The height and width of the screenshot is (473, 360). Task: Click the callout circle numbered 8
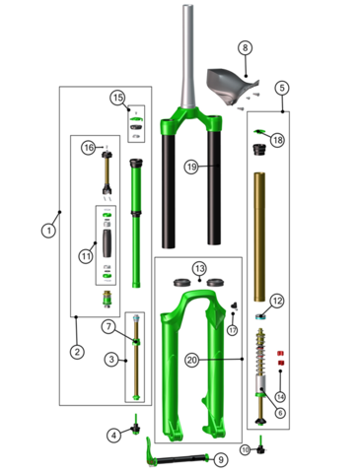(246, 47)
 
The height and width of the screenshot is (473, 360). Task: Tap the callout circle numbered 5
(282, 88)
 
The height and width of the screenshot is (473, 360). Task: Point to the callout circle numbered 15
(117, 98)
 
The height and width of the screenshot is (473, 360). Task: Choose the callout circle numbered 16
(88, 148)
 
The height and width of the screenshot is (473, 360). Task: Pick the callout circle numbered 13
(199, 268)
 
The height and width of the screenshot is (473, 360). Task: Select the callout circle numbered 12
(277, 300)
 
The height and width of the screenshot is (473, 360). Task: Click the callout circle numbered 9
(221, 459)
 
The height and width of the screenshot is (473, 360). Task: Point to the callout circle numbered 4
(113, 435)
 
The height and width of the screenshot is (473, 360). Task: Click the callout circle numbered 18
(277, 141)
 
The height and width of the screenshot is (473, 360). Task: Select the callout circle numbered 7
(108, 325)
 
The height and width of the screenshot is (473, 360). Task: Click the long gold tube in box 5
(260, 236)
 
